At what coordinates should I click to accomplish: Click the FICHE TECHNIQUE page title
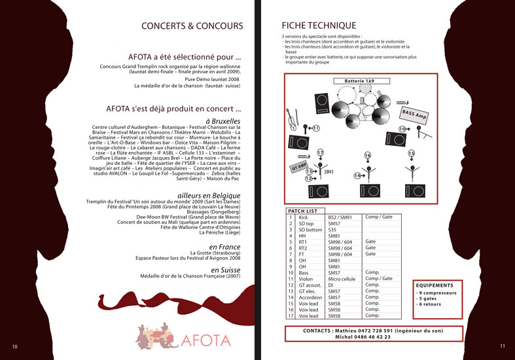tap(318, 26)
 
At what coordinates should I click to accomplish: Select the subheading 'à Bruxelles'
tap(223, 121)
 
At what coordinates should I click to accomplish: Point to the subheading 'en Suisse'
tap(225, 270)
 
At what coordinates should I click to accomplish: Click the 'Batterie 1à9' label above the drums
tap(353, 81)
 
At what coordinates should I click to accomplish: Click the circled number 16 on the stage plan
tap(368, 155)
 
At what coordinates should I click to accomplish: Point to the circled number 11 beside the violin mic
tap(316, 128)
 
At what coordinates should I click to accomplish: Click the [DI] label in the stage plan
tap(329, 171)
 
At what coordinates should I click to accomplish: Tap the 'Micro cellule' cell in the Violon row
tap(342, 278)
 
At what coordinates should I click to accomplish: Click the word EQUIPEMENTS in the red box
tap(435, 285)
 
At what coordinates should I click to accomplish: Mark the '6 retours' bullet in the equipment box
tap(429, 304)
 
